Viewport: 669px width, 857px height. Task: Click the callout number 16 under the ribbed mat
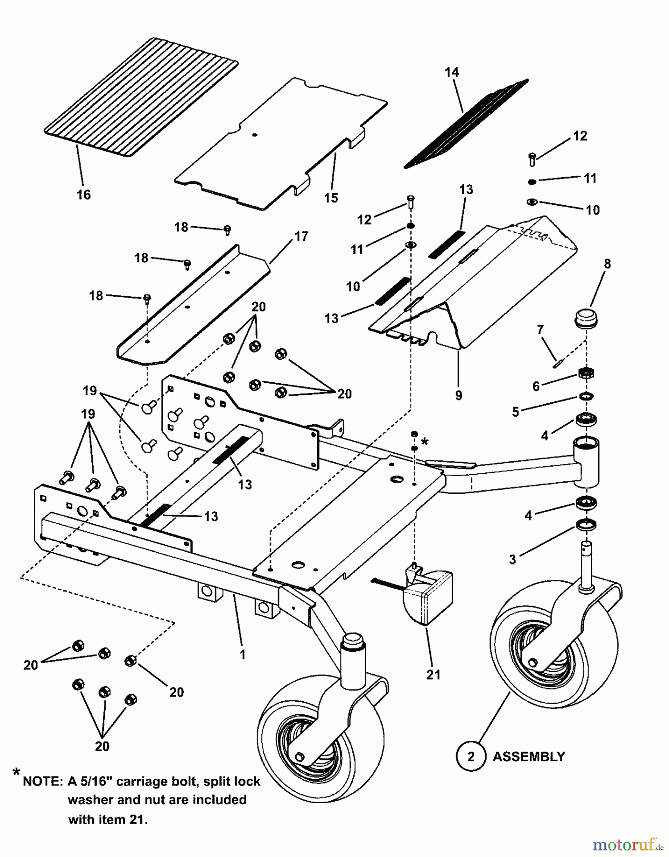(x=83, y=195)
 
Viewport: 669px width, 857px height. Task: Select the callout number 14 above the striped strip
(x=451, y=72)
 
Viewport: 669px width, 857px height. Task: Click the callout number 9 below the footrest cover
(x=458, y=396)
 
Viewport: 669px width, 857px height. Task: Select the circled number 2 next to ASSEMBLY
(x=471, y=757)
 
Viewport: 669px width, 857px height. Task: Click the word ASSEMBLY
(x=529, y=757)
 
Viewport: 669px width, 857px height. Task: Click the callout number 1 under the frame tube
(x=242, y=655)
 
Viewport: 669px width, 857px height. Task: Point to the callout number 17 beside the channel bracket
(x=301, y=236)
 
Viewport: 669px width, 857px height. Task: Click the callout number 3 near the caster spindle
(x=512, y=559)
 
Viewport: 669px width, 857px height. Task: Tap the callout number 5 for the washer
(x=515, y=412)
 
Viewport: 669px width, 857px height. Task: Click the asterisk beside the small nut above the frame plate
(x=424, y=442)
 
